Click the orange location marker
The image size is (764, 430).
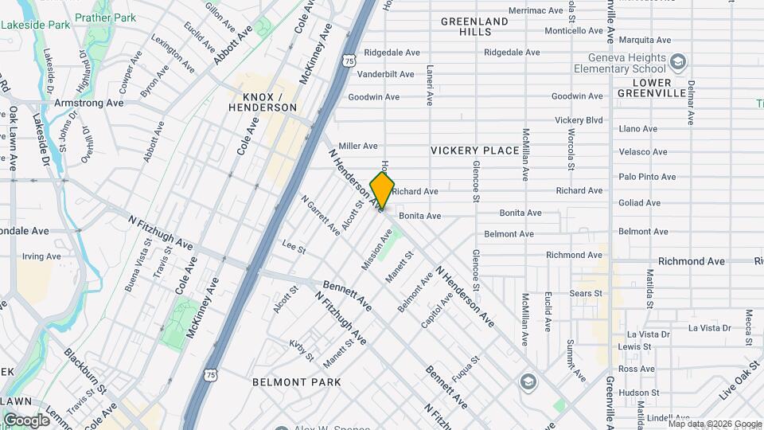382,191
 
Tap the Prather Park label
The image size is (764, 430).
104,17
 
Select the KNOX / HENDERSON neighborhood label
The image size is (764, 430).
262,101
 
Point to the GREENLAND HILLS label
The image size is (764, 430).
474,26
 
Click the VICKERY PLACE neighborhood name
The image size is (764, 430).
474,150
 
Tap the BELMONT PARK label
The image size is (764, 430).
297,382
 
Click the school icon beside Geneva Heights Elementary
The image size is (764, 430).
677,62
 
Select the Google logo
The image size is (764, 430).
26,420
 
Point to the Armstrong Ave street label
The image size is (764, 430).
88,103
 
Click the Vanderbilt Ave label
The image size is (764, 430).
385,74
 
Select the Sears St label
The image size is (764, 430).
586,294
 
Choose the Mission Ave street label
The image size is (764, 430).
377,249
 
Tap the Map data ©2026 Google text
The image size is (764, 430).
714,424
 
